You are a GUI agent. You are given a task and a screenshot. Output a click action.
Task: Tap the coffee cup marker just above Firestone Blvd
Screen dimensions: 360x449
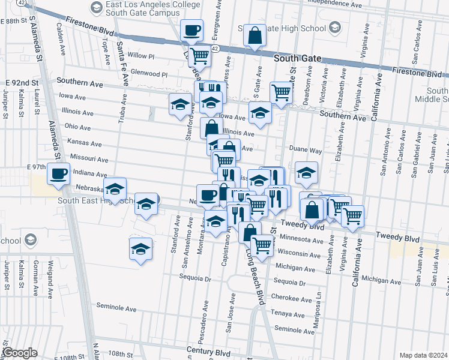coord(191,29)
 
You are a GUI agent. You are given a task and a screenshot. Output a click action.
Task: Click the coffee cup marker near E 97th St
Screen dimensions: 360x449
coord(59,174)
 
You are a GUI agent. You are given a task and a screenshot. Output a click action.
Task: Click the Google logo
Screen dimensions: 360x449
coord(19,353)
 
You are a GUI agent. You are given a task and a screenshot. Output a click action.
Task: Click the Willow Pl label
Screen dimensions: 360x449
coord(141,56)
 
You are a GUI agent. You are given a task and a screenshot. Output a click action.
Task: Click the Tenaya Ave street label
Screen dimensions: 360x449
coord(289,314)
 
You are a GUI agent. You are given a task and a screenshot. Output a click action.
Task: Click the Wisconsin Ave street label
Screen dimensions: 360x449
coord(298,254)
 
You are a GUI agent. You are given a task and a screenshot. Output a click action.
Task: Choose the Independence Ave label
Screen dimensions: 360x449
coord(334,3)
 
